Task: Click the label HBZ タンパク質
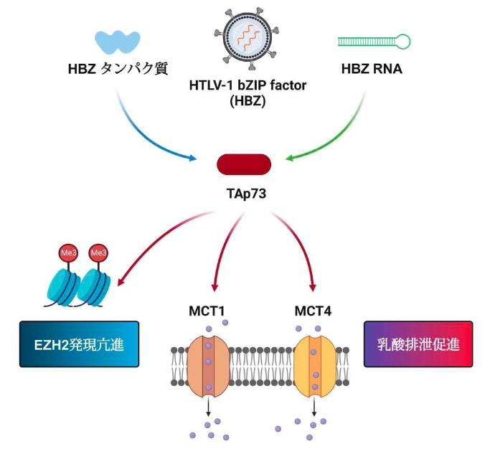point(118,70)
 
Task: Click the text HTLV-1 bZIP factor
point(247,87)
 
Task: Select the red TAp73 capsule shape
point(244,164)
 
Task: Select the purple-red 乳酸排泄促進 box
point(419,344)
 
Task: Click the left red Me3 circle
point(66,254)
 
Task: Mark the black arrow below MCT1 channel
point(208,409)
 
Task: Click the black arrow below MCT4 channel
point(314,409)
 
